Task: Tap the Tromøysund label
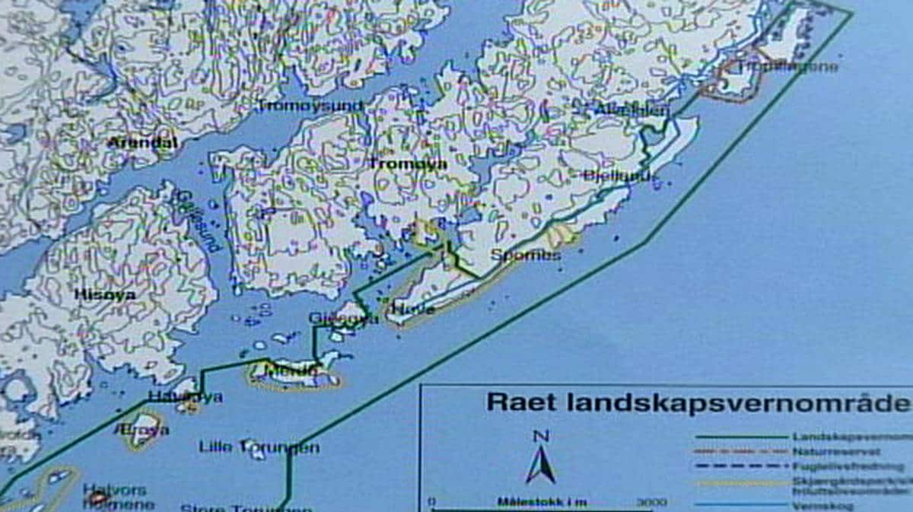[310, 106]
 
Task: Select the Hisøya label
[105, 294]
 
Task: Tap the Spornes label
[526, 255]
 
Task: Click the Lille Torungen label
[259, 447]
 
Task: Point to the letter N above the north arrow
[541, 436]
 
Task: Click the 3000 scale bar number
[651, 502]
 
